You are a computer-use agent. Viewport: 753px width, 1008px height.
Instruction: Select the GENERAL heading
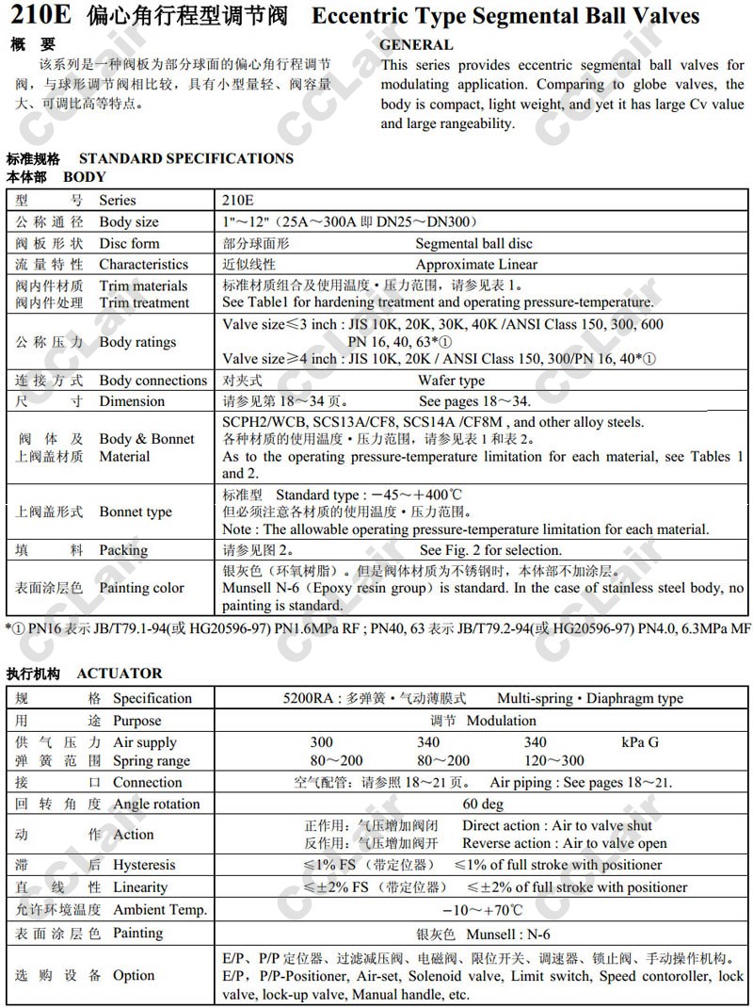(416, 44)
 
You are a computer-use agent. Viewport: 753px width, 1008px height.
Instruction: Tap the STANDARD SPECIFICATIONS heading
(186, 158)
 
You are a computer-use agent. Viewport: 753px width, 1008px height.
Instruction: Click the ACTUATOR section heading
(120, 673)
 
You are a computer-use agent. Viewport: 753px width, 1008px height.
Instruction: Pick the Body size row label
(129, 222)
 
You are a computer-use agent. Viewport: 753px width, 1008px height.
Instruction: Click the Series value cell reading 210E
(238, 200)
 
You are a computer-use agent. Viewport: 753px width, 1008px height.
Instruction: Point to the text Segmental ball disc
(473, 243)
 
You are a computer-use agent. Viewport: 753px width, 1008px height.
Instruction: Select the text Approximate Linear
(476, 265)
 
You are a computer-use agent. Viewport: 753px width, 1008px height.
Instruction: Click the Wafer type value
(452, 381)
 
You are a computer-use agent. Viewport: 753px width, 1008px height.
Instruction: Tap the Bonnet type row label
(136, 512)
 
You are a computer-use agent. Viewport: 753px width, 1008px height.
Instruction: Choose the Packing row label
(123, 550)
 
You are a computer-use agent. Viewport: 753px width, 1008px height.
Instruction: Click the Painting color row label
(142, 588)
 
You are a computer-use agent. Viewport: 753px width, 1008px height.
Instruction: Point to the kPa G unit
(640, 742)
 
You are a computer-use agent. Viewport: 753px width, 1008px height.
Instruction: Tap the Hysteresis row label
(144, 865)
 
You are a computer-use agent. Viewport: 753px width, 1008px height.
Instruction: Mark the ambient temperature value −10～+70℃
(483, 910)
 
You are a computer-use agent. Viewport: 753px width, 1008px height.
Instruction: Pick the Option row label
(134, 975)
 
